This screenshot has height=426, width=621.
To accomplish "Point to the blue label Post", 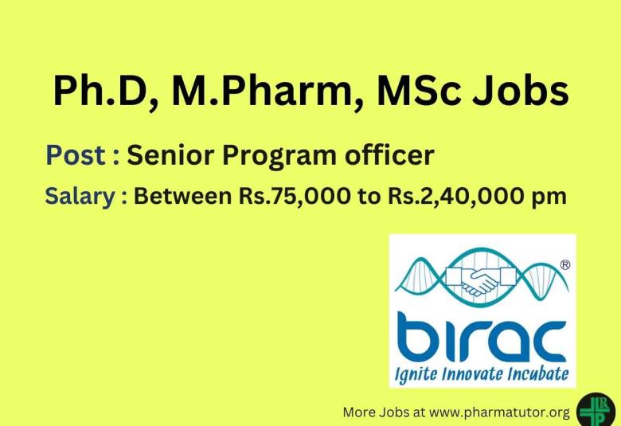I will coord(77,155).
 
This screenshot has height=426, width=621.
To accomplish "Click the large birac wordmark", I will coord(481,336).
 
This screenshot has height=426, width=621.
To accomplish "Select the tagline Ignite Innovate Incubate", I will coord(482,373).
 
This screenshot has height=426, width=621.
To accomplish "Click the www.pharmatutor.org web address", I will coord(503,412).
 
